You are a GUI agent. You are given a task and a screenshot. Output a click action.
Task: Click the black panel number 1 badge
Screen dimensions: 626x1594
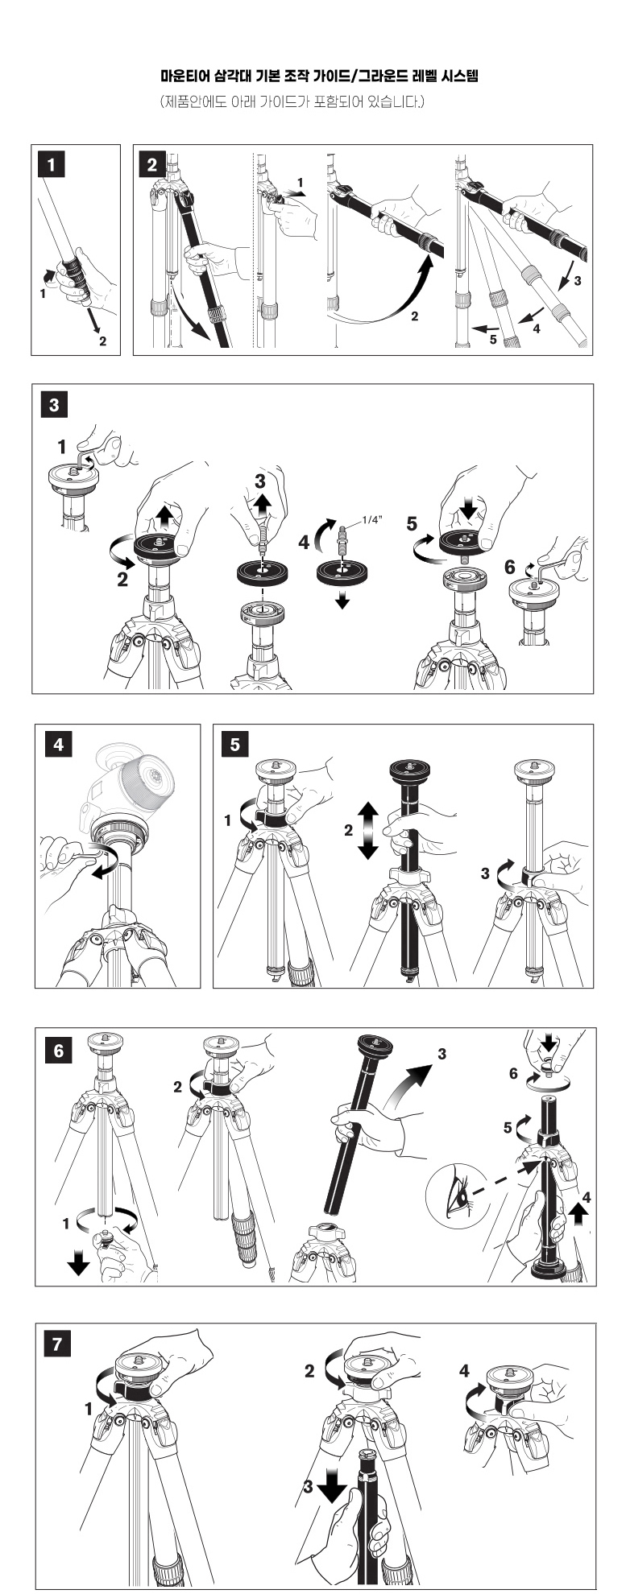pyautogui.click(x=52, y=164)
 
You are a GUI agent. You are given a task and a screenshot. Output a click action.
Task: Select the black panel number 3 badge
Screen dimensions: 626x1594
pyautogui.click(x=53, y=404)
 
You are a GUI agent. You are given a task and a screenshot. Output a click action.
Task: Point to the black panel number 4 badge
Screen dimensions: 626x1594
pyautogui.click(x=58, y=745)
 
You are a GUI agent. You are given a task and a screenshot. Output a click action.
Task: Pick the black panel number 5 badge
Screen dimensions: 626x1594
pyautogui.click(x=234, y=745)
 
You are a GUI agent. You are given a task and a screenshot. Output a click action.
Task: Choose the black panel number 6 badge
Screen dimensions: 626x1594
pyautogui.click(x=58, y=1051)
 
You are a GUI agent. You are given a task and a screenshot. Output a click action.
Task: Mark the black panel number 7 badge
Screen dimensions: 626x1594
pyautogui.click(x=56, y=1344)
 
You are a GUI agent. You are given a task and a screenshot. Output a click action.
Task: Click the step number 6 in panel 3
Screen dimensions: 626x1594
pyautogui.click(x=510, y=568)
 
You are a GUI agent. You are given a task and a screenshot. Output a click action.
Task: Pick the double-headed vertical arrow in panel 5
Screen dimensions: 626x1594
pyautogui.click(x=367, y=830)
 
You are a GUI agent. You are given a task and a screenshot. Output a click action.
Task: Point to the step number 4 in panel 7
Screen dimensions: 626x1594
pyautogui.click(x=465, y=1371)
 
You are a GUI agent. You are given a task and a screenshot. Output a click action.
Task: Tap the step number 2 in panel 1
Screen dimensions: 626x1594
pyautogui.click(x=102, y=341)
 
